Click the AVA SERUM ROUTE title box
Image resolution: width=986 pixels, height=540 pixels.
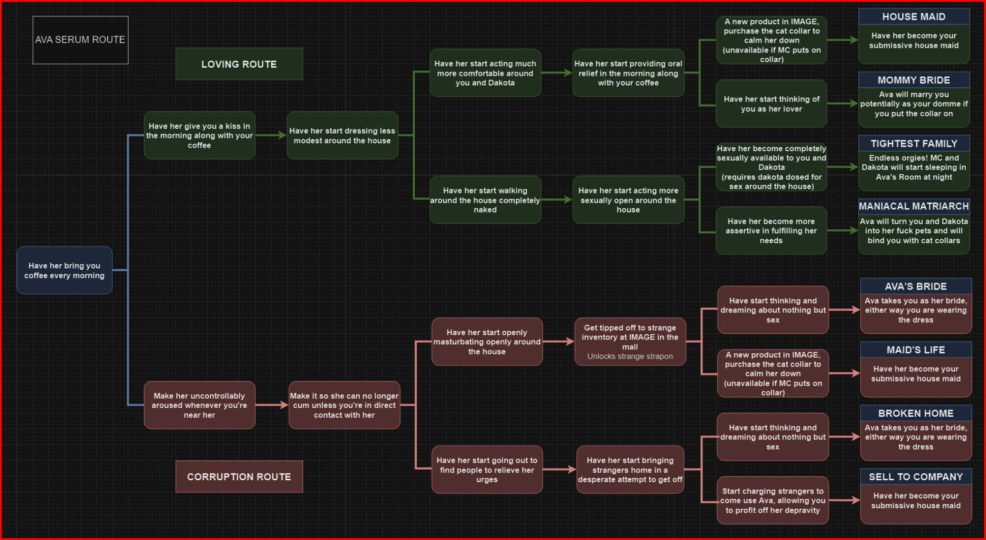tap(80, 40)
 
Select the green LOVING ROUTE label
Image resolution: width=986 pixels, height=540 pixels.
tap(239, 64)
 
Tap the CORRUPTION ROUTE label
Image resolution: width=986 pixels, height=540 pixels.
tap(239, 476)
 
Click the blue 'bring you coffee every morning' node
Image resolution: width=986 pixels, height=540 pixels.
tap(65, 270)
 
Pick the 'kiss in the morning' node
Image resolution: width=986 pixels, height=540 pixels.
tap(199, 136)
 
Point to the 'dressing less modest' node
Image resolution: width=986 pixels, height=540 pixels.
tap(342, 136)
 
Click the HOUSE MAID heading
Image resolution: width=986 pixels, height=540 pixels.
tap(913, 17)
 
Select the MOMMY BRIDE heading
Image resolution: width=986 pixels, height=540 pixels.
tap(913, 80)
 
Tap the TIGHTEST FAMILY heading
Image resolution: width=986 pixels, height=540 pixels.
tap(913, 144)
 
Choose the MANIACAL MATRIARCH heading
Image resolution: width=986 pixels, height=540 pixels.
tap(913, 206)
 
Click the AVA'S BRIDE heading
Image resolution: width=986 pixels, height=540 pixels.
tap(915, 286)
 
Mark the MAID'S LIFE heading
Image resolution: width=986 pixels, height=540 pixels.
tap(915, 350)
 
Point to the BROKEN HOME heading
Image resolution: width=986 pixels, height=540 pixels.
tap(915, 413)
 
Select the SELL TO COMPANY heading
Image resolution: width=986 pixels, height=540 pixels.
tap(915, 477)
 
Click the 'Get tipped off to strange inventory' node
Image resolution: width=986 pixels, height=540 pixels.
tap(630, 342)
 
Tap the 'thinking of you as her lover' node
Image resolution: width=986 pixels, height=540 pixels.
tap(771, 104)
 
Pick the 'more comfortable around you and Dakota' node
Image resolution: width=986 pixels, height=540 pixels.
tap(485, 73)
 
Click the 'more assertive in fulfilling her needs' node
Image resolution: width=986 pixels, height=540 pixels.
tap(771, 231)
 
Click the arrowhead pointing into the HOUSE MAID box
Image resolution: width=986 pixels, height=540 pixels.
tap(854, 40)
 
